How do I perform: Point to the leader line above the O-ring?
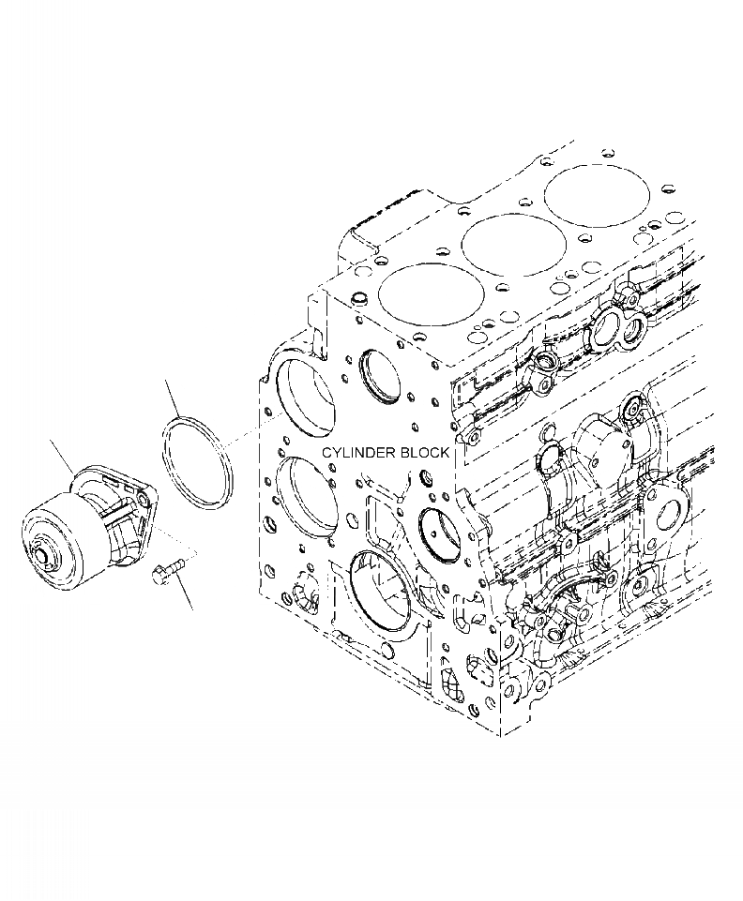[x=173, y=399]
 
